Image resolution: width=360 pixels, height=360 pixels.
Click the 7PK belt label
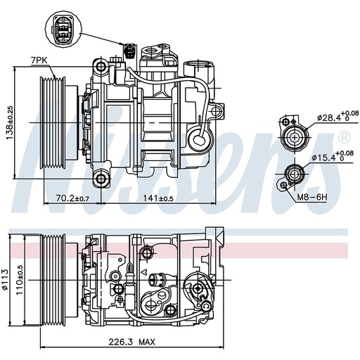coord(39,60)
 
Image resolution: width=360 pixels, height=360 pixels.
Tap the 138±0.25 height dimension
coord(10,123)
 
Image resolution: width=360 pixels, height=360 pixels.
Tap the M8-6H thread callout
coord(311,198)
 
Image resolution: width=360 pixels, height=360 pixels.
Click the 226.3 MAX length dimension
coord(131,342)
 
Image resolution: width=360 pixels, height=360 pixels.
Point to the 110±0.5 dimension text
coord(20,280)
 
